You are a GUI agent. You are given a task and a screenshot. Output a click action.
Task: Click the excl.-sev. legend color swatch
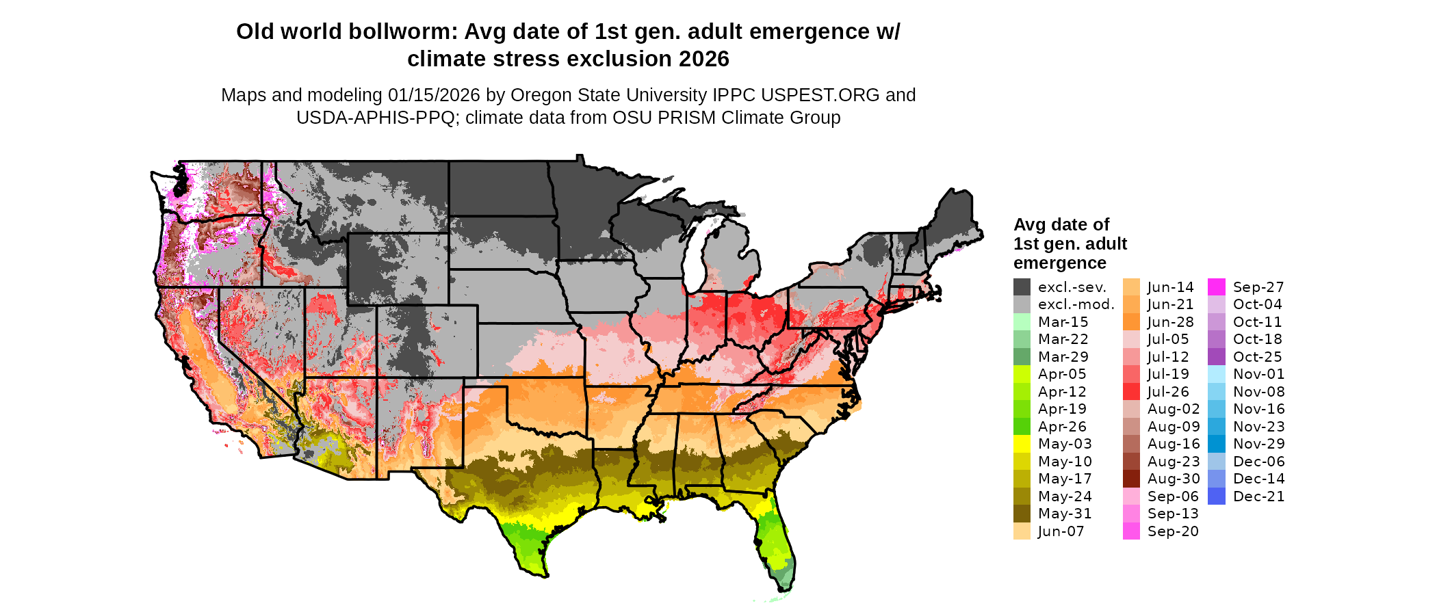[x=1022, y=287]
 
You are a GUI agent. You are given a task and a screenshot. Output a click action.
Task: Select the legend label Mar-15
[x=1063, y=322]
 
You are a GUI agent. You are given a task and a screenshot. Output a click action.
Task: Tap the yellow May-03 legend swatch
[x=1022, y=444]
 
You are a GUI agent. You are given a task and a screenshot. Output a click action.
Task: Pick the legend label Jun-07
[x=1061, y=531]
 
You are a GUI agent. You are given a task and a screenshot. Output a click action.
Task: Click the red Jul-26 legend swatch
[x=1131, y=392]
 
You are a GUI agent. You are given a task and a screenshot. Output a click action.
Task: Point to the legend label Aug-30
[x=1173, y=479]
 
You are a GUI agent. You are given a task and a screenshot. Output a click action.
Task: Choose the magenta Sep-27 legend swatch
[x=1217, y=287]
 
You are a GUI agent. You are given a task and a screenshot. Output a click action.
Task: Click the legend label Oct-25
[x=1257, y=357]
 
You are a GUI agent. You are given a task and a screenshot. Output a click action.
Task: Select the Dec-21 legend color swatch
[x=1217, y=496]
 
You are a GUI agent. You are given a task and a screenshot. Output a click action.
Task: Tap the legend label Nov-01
[x=1258, y=374]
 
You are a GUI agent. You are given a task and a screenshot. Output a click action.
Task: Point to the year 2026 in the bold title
[x=704, y=59]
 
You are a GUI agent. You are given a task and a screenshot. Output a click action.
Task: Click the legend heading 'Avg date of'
[x=1061, y=225]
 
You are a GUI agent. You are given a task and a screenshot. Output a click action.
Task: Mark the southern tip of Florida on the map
[x=786, y=587]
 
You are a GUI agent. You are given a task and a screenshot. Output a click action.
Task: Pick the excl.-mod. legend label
[x=1076, y=305]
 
